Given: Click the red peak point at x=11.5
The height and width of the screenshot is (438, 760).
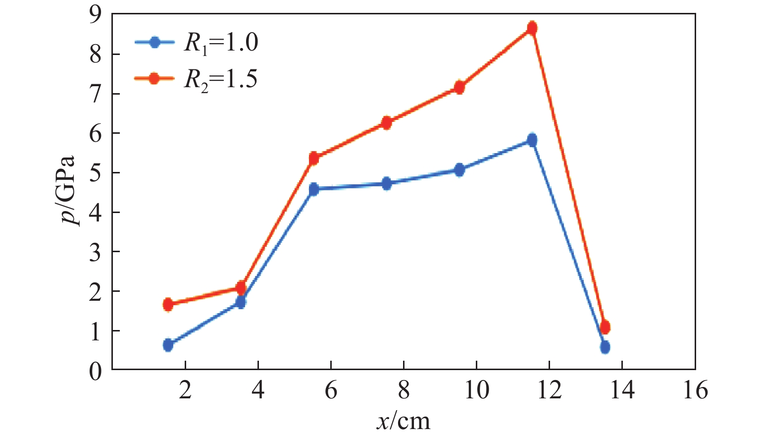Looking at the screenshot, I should tap(532, 28).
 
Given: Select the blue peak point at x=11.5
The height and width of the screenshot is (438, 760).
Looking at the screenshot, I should tap(532, 140).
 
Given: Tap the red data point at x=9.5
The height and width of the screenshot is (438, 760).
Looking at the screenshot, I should tap(459, 87).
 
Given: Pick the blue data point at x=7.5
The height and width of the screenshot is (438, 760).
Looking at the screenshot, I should tap(386, 184).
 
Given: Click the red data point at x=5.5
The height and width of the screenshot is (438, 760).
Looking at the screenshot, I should tap(313, 159).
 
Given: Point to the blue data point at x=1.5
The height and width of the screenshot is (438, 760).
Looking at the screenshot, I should tap(168, 345).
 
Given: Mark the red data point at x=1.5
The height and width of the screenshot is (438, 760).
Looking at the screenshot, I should tap(168, 304).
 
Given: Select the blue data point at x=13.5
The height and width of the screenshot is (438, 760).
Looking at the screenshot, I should tap(605, 347).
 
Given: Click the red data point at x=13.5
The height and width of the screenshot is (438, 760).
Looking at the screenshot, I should tap(605, 327).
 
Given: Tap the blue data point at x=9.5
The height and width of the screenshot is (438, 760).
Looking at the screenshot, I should tap(459, 170).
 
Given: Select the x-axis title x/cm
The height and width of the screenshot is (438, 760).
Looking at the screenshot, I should tap(404, 422).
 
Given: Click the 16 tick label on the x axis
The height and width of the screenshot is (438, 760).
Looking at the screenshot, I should tap(695, 391).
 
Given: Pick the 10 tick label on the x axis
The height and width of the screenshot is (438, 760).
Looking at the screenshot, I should tap(476, 391).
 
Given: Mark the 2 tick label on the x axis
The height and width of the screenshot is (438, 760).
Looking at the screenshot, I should tap(185, 391).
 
